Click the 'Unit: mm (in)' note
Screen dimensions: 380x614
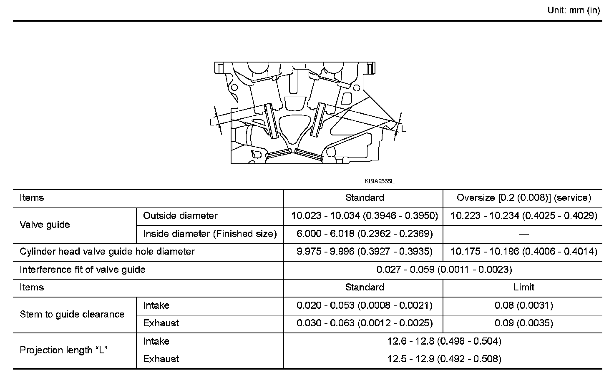[574, 10]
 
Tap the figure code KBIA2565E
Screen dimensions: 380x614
[380, 181]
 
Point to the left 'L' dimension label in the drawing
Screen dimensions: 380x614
[212, 122]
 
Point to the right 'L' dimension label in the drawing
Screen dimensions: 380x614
[403, 129]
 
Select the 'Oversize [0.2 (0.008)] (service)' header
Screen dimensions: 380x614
[524, 197]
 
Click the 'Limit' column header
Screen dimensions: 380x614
[524, 287]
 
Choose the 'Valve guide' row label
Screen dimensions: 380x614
[45, 225]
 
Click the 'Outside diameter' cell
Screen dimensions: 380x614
[180, 215]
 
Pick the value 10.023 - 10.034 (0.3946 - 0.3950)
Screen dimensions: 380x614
[365, 215]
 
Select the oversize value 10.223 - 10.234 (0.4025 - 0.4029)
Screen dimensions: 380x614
[524, 215]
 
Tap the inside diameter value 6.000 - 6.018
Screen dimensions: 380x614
[365, 234]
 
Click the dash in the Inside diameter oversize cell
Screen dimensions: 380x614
[524, 234]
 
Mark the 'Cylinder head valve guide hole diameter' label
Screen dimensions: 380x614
[107, 252]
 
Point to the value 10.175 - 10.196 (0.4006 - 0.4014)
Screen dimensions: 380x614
[524, 252]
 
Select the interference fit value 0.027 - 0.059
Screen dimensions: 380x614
[444, 270]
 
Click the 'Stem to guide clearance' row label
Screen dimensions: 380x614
[72, 314]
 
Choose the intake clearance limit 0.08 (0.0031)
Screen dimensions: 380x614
[524, 305]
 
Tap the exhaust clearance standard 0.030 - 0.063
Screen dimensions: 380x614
[365, 323]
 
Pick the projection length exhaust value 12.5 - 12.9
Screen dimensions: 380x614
[444, 359]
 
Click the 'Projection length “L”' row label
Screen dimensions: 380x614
[64, 350]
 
